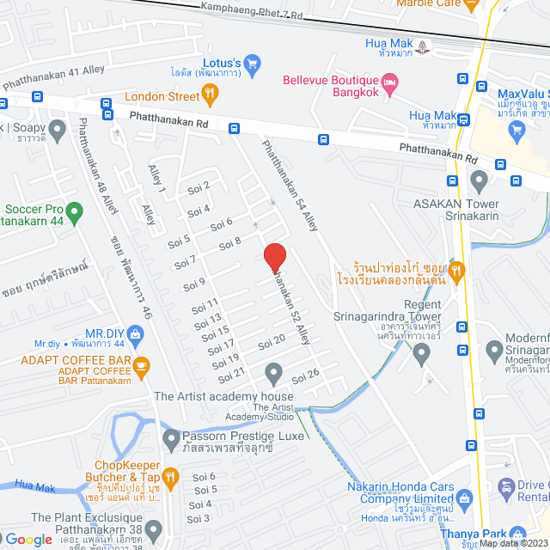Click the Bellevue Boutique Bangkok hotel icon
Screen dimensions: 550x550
[x=390, y=81]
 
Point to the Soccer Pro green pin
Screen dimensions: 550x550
[x=74, y=209]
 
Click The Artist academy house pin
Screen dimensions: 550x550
[x=274, y=374]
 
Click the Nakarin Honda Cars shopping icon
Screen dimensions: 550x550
[x=465, y=498]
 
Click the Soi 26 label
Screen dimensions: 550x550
[x=305, y=375]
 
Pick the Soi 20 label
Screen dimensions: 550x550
[x=272, y=342]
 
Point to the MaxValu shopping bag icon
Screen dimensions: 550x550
[x=516, y=130]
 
